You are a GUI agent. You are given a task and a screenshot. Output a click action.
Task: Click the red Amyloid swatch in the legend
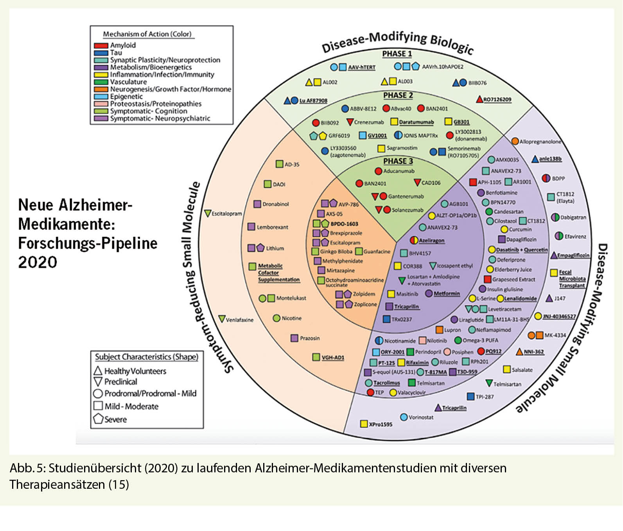point(101,45)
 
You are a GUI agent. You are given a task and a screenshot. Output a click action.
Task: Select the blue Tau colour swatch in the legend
point(101,53)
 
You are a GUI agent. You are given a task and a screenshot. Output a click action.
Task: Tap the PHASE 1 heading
point(397,54)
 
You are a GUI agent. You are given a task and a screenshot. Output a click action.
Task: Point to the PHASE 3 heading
point(398,161)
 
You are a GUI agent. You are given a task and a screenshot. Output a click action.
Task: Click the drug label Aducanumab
point(399,171)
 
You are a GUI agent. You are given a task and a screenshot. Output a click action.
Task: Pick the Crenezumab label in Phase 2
point(368,122)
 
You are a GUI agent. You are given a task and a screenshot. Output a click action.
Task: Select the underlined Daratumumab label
point(416,122)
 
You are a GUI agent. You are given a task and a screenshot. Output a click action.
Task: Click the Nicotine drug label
point(291,318)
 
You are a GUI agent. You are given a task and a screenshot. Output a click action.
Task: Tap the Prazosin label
point(309,338)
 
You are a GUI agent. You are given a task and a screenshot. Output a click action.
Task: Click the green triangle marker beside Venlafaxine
point(222,319)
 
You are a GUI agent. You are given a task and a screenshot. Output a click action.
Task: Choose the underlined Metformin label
point(447,294)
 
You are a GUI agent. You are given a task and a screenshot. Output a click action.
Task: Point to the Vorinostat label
point(421,417)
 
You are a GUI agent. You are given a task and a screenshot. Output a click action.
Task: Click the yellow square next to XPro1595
point(364,424)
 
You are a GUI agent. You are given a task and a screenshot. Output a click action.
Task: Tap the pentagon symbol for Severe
point(98,419)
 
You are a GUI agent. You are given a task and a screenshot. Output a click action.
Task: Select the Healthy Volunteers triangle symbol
point(98,371)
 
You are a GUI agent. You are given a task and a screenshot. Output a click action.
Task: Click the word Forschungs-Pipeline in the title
point(88,243)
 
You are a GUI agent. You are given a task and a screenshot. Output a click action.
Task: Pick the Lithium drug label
point(275,248)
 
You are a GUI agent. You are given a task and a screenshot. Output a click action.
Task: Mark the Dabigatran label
point(573,217)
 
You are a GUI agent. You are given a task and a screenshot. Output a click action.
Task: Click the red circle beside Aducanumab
point(378,171)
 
